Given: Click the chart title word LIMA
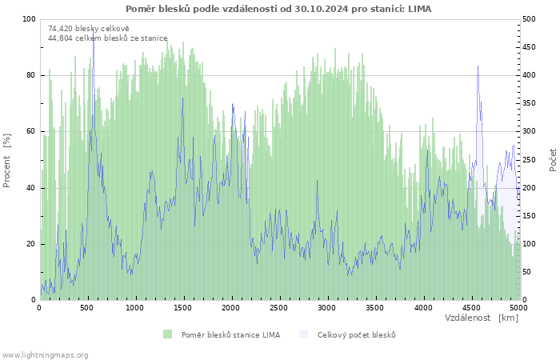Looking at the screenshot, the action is point(420,9).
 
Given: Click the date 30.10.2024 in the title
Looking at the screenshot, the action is point(321,9).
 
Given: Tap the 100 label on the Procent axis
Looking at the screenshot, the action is point(30,19).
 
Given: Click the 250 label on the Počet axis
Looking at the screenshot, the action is point(529,160).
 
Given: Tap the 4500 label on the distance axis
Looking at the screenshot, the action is point(470,308).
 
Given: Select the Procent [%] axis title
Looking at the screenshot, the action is point(6,160).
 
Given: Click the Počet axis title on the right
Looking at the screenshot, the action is point(553,160).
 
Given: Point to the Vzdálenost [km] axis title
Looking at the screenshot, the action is point(481,318).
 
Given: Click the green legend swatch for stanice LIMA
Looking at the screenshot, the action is point(167,334).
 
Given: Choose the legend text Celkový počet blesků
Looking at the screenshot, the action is point(357,335).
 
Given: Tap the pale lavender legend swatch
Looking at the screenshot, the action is point(303,334).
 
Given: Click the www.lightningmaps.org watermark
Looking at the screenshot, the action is point(44,355).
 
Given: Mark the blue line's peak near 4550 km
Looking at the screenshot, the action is point(478,66).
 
